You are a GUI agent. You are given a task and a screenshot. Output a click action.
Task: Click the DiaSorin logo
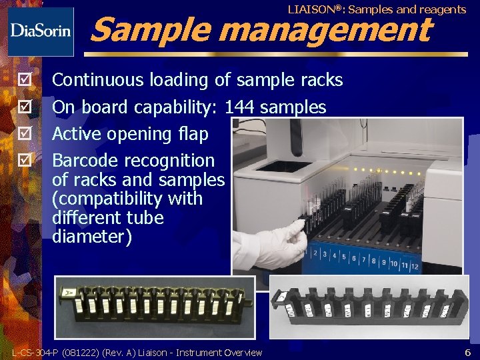coord(40,31)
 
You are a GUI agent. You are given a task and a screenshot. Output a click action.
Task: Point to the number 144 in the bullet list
coord(240,107)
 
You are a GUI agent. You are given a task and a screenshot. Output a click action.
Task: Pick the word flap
coord(193,134)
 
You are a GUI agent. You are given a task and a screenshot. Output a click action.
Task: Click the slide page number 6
coord(467,352)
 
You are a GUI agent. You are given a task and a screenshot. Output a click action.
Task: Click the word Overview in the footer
coord(243,353)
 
